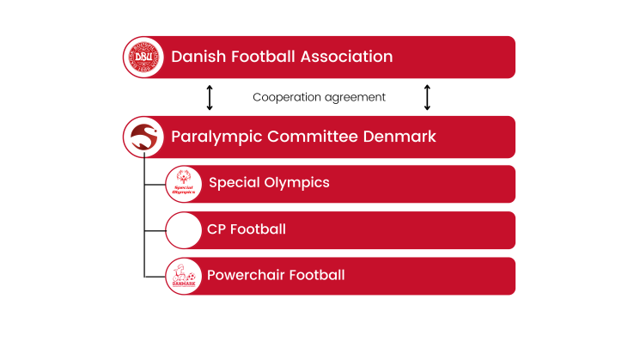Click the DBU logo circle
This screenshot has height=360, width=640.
coord(143,58)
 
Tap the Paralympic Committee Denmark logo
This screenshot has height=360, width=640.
coord(143,137)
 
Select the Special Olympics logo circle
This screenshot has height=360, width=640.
coord(184,184)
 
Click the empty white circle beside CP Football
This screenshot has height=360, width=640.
coord(184,230)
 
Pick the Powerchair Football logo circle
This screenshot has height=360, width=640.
coord(184,277)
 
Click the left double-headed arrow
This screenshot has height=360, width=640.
coord(210,98)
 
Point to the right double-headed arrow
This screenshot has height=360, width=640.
coord(427,98)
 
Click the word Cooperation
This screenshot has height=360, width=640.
coord(287,98)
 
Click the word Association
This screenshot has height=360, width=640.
coord(346,57)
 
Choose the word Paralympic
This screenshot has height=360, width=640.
coord(216,137)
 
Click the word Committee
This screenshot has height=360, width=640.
coord(312,137)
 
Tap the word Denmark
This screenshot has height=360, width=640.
coord(399,137)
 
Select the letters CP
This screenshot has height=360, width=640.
coord(216,229)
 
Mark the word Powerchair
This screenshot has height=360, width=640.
coord(247,275)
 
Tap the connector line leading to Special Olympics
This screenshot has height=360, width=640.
coord(155,185)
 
